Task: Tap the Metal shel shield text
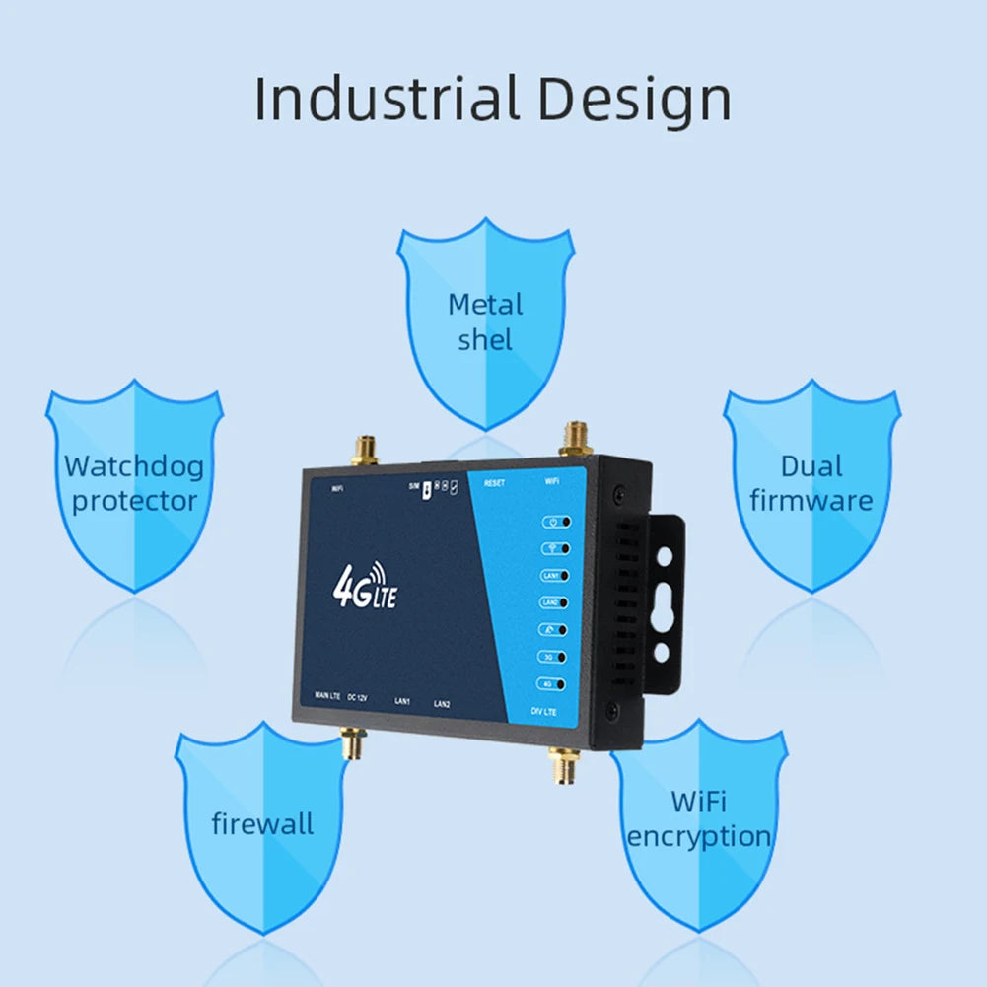tap(485, 321)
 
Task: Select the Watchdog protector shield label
tap(134, 482)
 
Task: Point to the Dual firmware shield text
tap(811, 482)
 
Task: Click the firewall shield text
tap(262, 822)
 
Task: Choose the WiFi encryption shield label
tap(699, 818)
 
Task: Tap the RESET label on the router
tap(494, 483)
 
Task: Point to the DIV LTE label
tap(544, 711)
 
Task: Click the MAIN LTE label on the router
tap(327, 696)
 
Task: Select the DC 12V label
tap(358, 697)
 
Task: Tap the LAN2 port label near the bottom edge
tap(441, 704)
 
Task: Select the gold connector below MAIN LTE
tap(350, 744)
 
